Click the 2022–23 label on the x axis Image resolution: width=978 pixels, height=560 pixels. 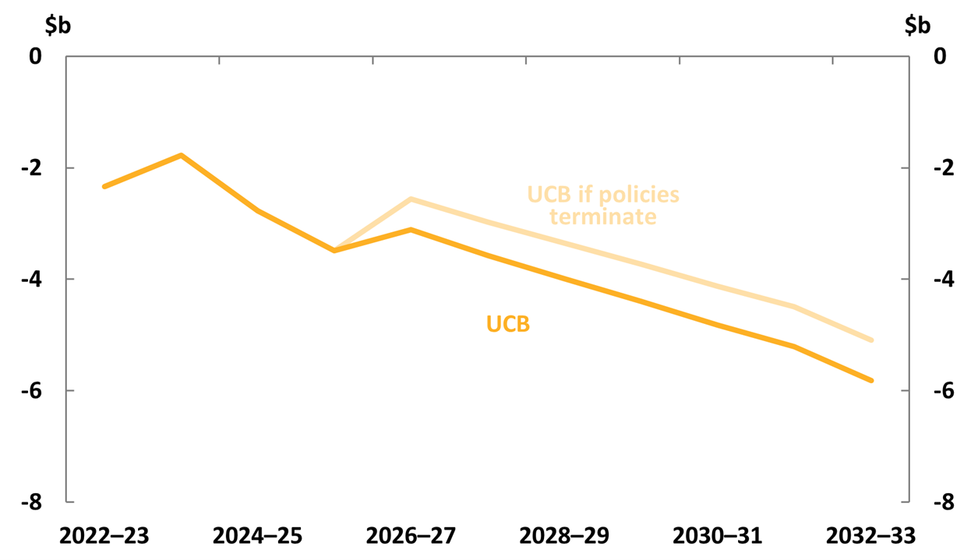click(x=104, y=537)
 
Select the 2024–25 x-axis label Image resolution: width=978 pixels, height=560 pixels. click(x=257, y=537)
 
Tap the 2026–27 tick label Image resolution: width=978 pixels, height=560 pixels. click(x=411, y=537)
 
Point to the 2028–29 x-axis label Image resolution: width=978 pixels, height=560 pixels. click(x=564, y=537)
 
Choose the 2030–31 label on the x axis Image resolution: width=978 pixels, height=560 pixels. click(x=718, y=537)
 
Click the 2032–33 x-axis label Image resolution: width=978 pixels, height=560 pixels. click(x=870, y=537)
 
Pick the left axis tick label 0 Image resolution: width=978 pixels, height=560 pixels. click(x=34, y=57)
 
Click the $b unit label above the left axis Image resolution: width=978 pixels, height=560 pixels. click(x=58, y=25)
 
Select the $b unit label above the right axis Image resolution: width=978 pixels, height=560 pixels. click(x=917, y=25)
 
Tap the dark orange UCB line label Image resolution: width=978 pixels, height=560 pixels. click(x=508, y=324)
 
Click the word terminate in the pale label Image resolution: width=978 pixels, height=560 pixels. click(x=603, y=217)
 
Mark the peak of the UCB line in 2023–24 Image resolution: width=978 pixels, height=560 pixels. click(x=181, y=155)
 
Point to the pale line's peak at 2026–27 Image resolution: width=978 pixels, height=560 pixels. click(x=411, y=199)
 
